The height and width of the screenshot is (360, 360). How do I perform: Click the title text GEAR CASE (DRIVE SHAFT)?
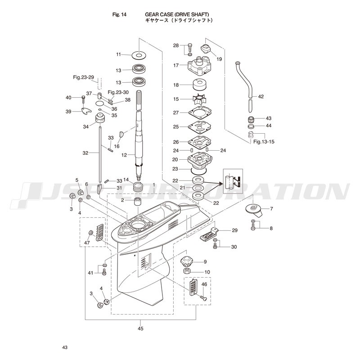[177, 14]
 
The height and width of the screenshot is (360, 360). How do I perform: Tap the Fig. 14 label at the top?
[119, 15]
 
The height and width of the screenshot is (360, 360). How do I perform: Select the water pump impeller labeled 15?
[199, 99]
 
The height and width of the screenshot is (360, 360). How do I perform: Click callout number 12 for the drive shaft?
[124, 155]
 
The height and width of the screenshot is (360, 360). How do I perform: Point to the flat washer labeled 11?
[139, 55]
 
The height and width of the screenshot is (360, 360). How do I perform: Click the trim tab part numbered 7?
[254, 210]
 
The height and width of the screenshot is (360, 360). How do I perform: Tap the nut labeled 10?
[188, 270]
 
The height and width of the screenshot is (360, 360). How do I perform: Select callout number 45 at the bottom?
[140, 328]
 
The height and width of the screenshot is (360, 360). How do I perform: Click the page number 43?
[65, 347]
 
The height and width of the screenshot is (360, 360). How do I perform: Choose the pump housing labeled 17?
[199, 65]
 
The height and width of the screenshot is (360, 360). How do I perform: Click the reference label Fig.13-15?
[264, 142]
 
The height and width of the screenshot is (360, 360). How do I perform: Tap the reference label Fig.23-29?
[84, 77]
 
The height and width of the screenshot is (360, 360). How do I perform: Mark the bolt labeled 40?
[83, 100]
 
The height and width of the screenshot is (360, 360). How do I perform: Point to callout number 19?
[219, 59]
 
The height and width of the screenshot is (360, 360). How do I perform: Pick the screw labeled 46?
[203, 298]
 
